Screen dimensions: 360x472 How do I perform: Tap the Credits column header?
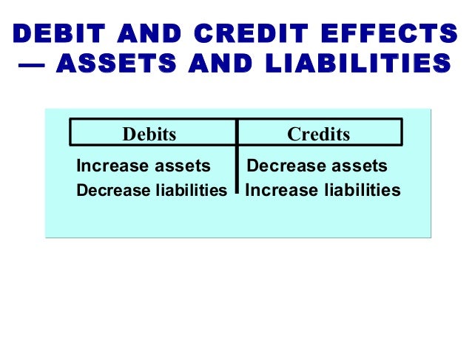point(318,134)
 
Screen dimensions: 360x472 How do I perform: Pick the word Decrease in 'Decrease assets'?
point(280,166)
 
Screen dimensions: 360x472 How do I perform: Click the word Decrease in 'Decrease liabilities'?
point(110,191)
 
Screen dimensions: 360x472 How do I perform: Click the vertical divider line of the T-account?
point(237,159)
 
